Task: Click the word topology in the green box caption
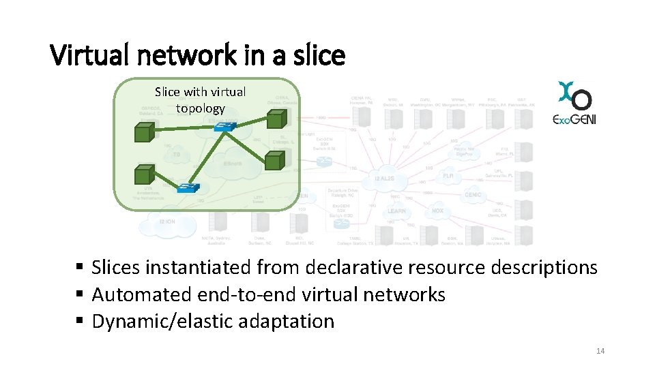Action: coord(200,108)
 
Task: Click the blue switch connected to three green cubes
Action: coord(223,126)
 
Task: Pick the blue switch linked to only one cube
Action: coord(187,187)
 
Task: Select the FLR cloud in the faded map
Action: coord(448,176)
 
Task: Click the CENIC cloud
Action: coord(474,195)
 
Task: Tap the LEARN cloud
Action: coord(396,211)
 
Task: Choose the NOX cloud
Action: coord(437,211)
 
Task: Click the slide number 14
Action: coord(600,351)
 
